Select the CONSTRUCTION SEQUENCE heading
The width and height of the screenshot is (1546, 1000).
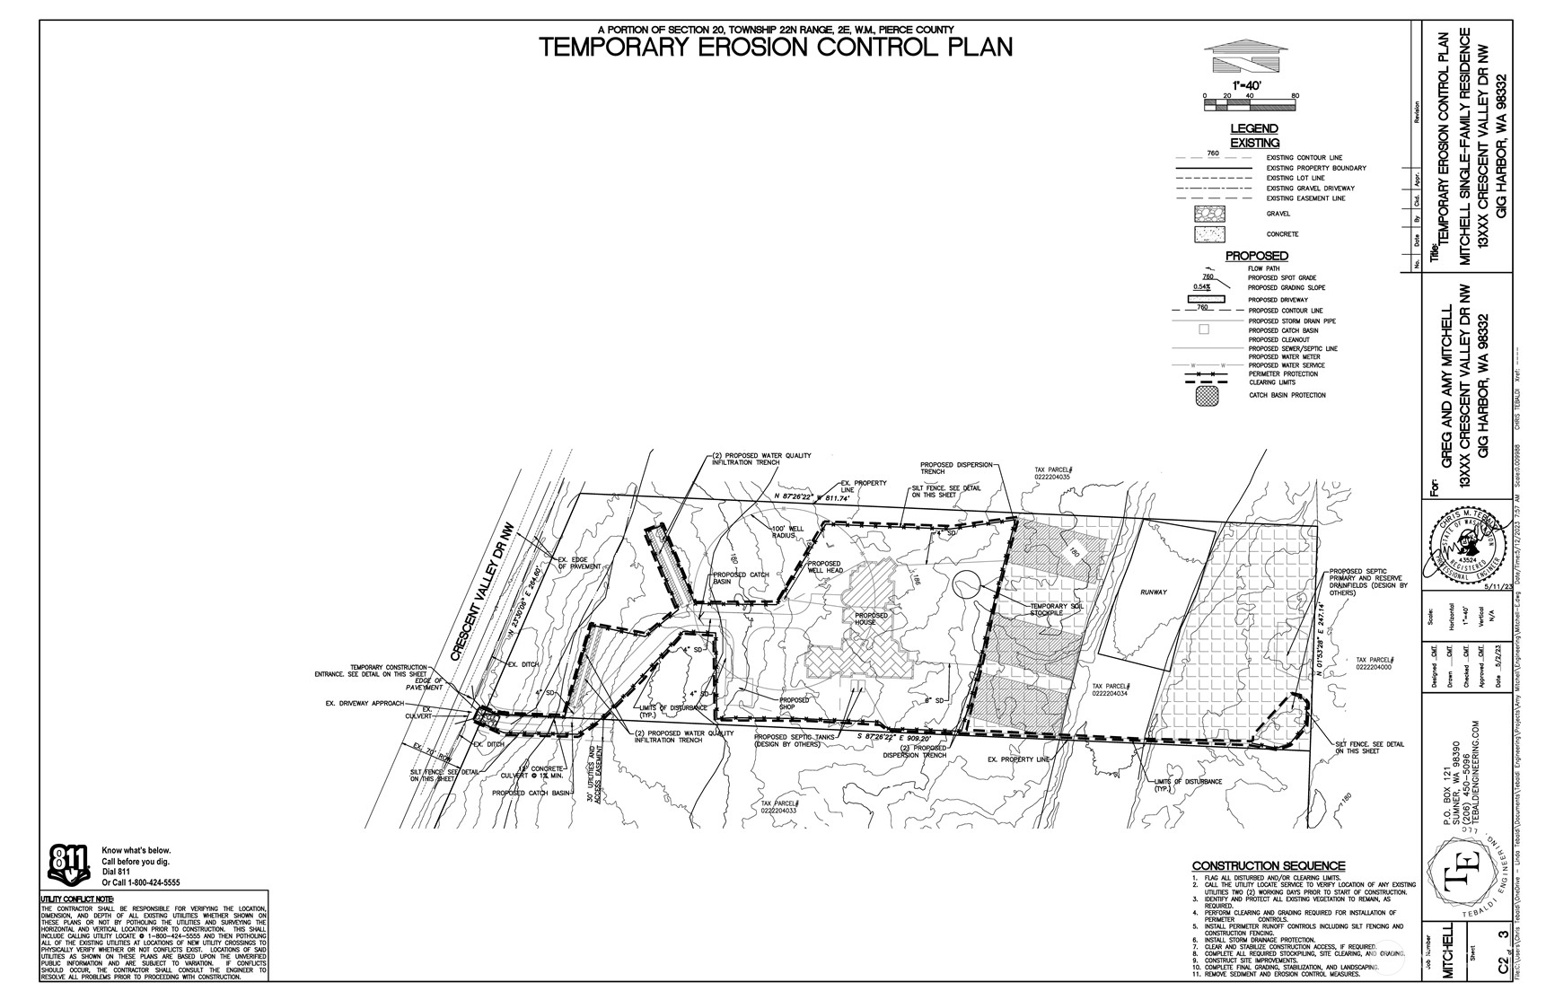click(x=1268, y=865)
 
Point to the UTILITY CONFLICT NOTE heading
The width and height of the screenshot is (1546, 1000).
click(x=77, y=899)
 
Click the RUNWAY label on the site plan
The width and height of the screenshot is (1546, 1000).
click(x=1154, y=592)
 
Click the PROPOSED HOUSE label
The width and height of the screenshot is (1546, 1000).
click(x=871, y=619)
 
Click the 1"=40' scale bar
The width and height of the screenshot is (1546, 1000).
click(x=1249, y=104)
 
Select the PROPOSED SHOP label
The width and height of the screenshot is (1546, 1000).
click(x=794, y=704)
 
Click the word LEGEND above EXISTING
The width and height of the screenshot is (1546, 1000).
click(x=1254, y=129)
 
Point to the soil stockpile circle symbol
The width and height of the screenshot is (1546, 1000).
click(x=966, y=584)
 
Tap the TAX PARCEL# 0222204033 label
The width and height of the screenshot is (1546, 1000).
click(x=778, y=807)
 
